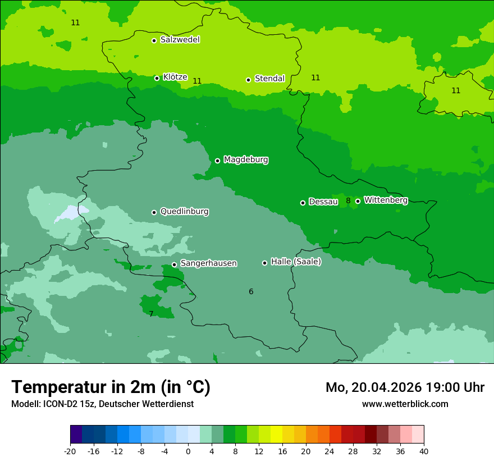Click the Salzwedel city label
pyautogui.click(x=180, y=40)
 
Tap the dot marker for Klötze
pyautogui.click(x=157, y=78)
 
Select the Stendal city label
pyautogui.click(x=269, y=79)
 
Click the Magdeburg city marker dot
pyautogui.click(x=218, y=161)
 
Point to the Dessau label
pyautogui.click(x=323, y=202)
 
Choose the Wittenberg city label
pyautogui.click(x=386, y=200)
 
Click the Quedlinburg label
pyautogui.click(x=184, y=212)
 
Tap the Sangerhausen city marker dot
pyautogui.click(x=175, y=264)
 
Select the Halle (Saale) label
pyautogui.click(x=296, y=262)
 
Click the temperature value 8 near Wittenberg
pyautogui.click(x=348, y=200)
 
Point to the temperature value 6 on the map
pyautogui.click(x=251, y=291)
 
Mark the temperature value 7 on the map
pyautogui.click(x=151, y=314)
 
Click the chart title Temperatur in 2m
pyautogui.click(x=111, y=387)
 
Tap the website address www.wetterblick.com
pyautogui.click(x=405, y=404)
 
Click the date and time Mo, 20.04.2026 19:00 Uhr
pyautogui.click(x=405, y=387)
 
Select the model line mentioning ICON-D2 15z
pyautogui.click(x=102, y=404)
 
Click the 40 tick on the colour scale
pyautogui.click(x=424, y=451)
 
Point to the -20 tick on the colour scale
pyautogui.click(x=70, y=451)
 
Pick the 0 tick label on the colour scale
pyautogui.click(x=188, y=451)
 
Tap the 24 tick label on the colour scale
pyautogui.click(x=330, y=451)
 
